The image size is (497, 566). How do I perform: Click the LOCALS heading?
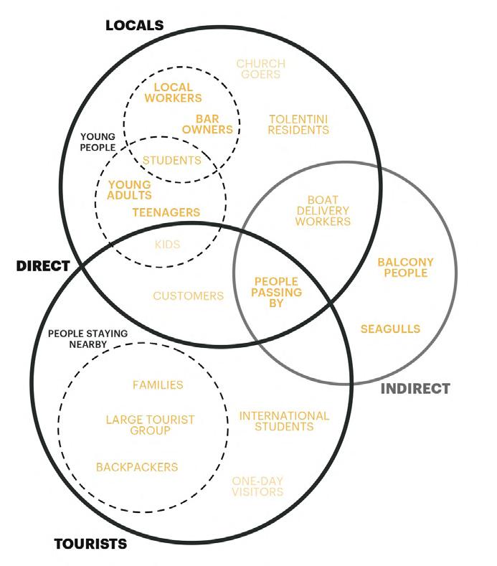point(134,26)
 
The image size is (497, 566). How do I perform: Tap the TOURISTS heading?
point(90,544)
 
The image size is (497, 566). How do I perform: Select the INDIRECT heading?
point(415,389)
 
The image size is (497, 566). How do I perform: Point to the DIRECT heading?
point(43,266)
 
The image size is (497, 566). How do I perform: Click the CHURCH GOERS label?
point(260,69)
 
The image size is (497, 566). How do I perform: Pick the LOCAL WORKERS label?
point(173,93)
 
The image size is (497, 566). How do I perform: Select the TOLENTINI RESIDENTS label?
point(298,124)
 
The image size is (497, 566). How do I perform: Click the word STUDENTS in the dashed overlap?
point(171,160)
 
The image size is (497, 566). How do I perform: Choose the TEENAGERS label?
point(166,212)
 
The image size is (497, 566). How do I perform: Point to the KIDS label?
point(167,244)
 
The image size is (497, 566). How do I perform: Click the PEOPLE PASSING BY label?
point(276,293)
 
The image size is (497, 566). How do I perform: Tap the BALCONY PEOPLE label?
point(405,268)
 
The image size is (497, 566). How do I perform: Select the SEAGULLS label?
point(390,329)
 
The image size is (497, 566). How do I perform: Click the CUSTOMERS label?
point(188,296)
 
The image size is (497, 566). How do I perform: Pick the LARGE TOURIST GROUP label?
point(150,425)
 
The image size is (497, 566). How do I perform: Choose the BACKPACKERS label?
point(136,467)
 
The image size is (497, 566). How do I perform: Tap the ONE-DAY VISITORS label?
point(257,486)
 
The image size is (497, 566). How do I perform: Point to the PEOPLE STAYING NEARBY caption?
point(87,339)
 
